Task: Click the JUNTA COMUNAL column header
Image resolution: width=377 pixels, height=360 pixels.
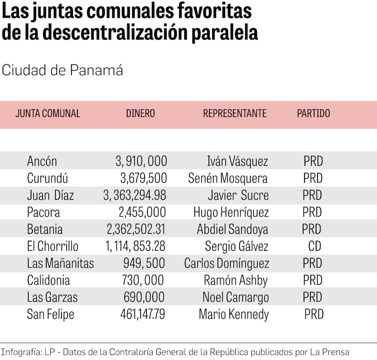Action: point(48,114)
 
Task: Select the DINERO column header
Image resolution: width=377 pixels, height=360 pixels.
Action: point(141,114)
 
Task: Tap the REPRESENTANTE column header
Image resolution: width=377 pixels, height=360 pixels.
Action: point(234,114)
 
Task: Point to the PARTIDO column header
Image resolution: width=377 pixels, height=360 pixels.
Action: point(313,114)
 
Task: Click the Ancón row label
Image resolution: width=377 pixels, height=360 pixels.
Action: point(42,161)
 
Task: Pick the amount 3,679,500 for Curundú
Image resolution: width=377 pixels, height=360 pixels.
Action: point(144,178)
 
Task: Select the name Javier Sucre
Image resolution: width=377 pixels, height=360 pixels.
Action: point(238,195)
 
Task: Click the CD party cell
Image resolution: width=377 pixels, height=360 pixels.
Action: point(315,246)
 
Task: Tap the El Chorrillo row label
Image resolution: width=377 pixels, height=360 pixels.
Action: point(53,246)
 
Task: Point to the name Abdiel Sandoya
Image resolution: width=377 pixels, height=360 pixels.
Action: point(232,229)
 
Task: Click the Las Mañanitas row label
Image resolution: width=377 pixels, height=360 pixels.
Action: point(60,263)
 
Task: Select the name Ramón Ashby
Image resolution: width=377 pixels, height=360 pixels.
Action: point(235,280)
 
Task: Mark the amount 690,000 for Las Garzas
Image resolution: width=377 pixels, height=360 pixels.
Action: point(144,297)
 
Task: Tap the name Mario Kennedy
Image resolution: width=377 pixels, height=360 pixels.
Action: point(233,315)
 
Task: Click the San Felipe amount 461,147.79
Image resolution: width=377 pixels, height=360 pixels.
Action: point(143,315)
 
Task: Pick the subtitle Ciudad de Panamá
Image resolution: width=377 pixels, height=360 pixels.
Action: point(62,70)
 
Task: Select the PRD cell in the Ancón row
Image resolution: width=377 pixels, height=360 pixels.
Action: point(313,161)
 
